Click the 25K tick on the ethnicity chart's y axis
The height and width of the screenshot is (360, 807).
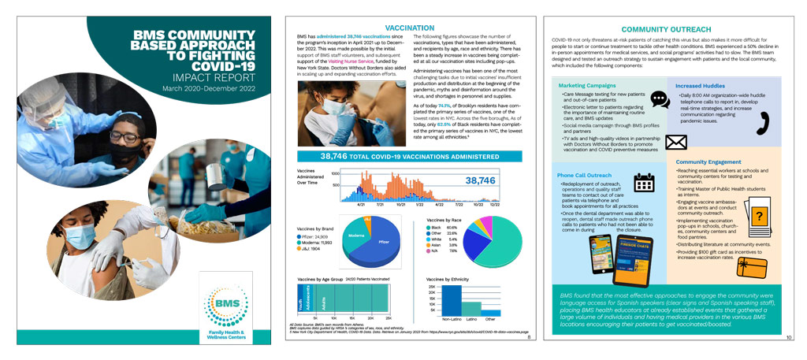(x=433, y=285)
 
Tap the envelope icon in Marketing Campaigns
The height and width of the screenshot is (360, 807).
(x=676, y=143)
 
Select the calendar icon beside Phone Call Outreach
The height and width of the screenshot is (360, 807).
(x=645, y=183)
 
